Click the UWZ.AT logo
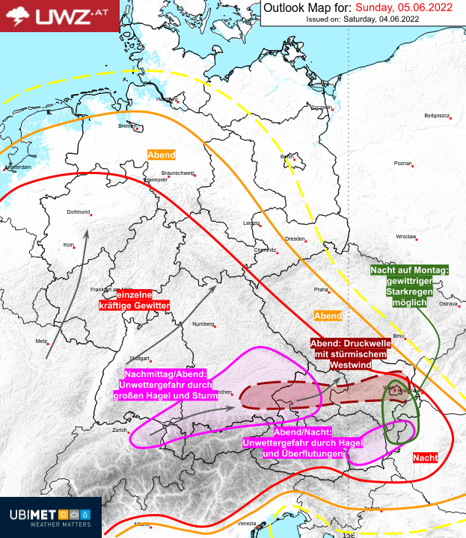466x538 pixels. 60,16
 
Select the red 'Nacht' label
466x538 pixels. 425,457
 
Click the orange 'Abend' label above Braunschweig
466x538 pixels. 162,155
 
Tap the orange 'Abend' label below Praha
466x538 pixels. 328,316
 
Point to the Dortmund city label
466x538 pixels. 79,211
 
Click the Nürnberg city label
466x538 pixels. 203,324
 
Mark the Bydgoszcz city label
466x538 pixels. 436,116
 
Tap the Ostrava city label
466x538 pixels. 447,304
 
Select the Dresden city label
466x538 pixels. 294,238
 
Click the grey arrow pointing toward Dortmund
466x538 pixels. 68,291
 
